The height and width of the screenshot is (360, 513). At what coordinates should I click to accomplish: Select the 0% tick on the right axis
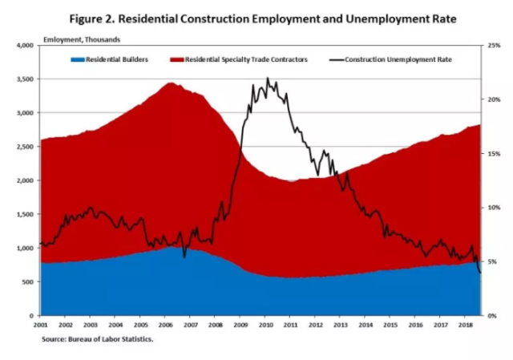[492, 316]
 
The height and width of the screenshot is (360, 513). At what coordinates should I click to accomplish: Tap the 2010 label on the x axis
[265, 326]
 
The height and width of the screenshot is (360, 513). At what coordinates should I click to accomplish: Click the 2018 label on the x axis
[465, 326]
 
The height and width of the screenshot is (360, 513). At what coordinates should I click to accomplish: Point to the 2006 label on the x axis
[165, 326]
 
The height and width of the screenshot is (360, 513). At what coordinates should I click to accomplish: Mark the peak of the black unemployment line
[267, 79]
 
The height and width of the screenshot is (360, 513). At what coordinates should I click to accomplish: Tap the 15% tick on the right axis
[494, 154]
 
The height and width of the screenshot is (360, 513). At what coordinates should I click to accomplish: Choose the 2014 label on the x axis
[366, 326]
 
